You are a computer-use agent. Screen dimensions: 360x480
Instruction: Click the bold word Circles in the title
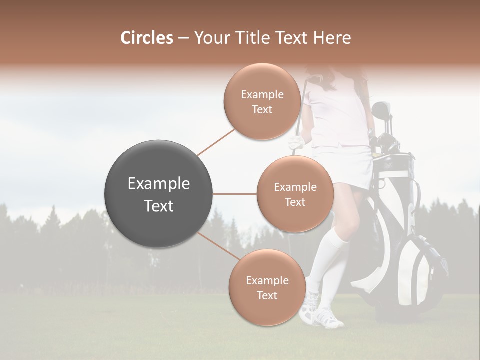[147, 38]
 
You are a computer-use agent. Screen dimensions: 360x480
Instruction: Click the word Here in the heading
[332, 38]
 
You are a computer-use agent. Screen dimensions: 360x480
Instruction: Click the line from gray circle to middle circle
[235, 194]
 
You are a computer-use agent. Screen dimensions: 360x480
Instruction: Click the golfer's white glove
[296, 143]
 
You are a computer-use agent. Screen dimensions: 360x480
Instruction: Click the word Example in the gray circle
[159, 184]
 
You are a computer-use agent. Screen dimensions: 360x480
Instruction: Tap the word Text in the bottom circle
[267, 295]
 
